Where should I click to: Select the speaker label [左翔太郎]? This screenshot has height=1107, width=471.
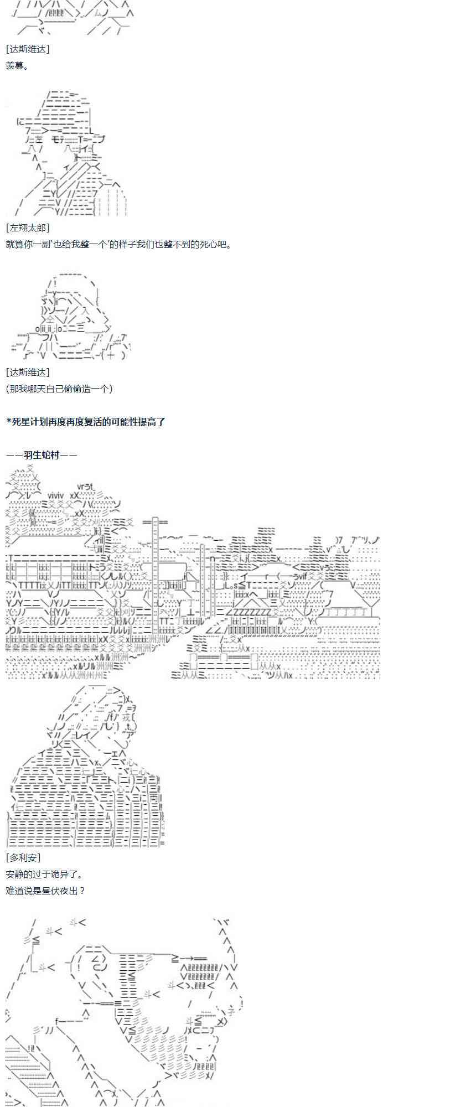(x=28, y=227)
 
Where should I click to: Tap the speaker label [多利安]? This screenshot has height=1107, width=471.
(x=23, y=857)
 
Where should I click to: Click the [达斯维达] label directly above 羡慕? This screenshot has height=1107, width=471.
(x=28, y=49)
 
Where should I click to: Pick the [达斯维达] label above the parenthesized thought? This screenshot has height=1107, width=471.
(x=28, y=372)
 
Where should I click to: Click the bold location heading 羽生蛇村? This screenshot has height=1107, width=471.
(x=42, y=455)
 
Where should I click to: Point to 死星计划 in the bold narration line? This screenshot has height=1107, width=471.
(x=30, y=422)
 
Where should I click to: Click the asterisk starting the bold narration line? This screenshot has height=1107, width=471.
(x=8, y=422)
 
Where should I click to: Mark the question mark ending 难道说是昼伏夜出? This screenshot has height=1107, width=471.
(x=82, y=891)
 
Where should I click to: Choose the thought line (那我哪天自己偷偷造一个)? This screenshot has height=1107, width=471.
(x=59, y=389)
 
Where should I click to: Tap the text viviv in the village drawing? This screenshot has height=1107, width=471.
(x=56, y=495)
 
